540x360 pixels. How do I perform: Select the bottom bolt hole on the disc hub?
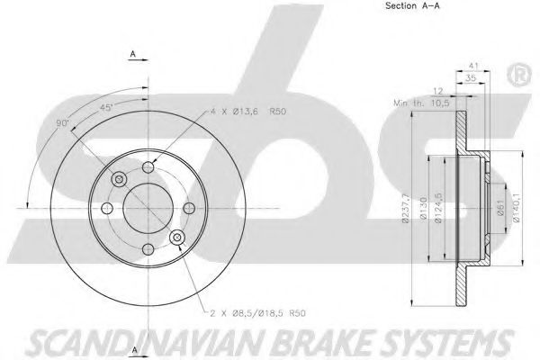(x=146, y=248)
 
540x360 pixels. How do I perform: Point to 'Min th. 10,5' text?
(x=424, y=103)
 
